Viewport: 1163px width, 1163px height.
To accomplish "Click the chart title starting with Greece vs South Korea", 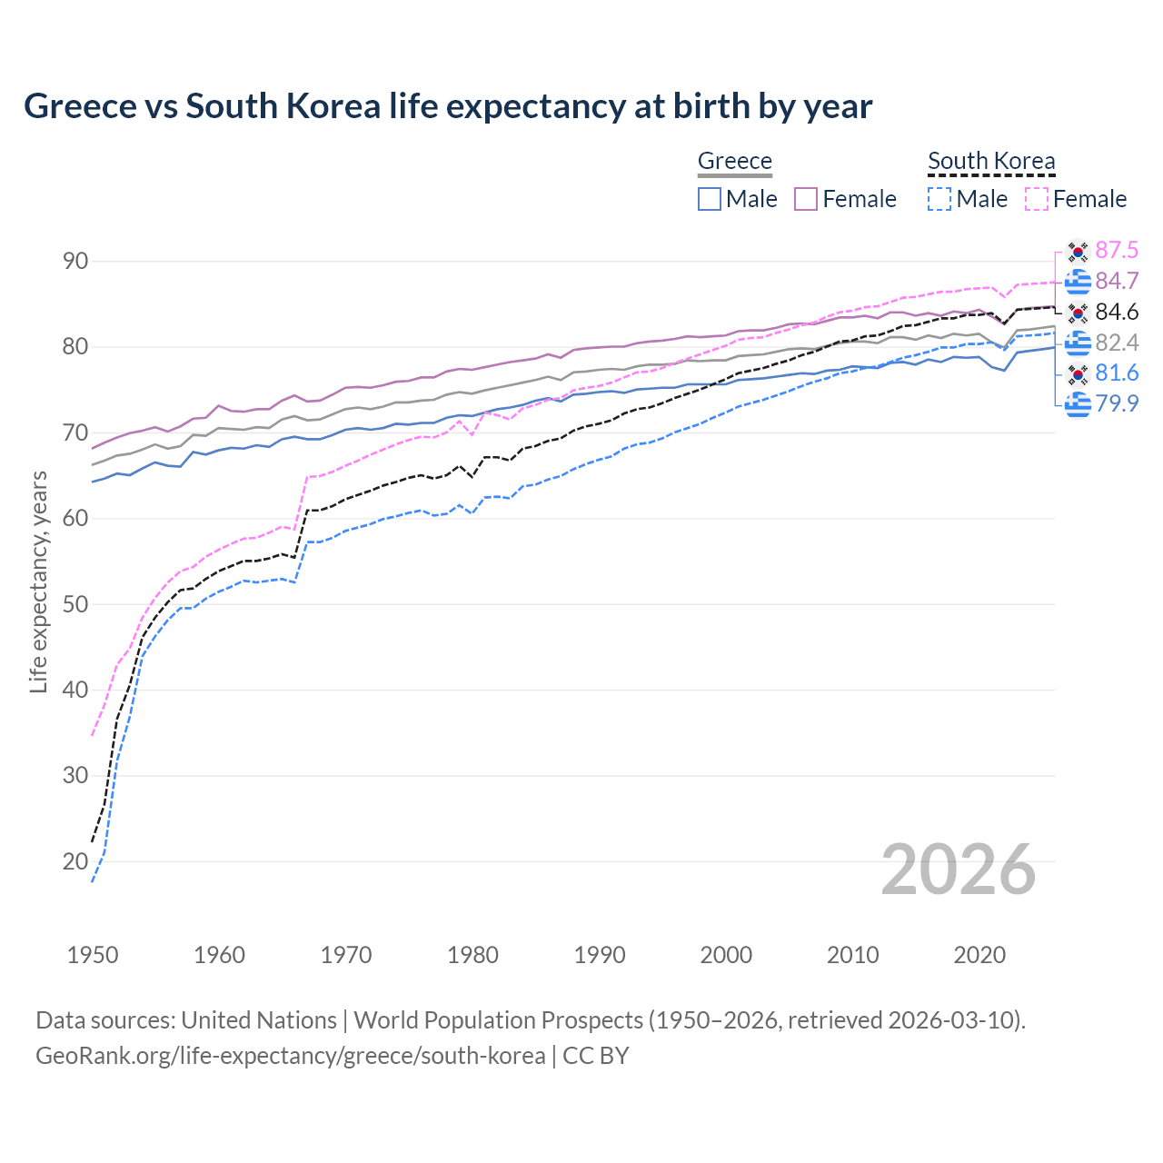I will (448, 106).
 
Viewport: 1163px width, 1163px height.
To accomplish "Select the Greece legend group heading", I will (734, 161).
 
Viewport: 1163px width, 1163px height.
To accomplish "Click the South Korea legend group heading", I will (991, 161).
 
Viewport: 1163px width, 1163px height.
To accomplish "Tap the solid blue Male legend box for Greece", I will (710, 199).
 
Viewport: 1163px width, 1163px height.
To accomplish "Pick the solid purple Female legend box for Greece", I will (806, 199).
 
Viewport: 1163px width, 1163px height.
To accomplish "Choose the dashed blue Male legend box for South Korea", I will (939, 199).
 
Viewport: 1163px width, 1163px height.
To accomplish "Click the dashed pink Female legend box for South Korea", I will (1036, 199).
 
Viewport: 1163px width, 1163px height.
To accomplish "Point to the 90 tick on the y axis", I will (75, 262).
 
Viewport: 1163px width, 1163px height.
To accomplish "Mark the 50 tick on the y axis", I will (75, 604).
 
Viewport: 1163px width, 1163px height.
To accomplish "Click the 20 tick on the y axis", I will (75, 861).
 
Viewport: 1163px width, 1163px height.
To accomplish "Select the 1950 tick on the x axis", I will (93, 955).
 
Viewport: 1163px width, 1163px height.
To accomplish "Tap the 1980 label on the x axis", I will (472, 955).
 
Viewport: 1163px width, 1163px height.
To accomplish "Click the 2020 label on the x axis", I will (979, 955).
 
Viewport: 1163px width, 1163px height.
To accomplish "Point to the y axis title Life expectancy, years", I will (39, 581).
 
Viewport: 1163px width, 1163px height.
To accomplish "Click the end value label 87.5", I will (1117, 251).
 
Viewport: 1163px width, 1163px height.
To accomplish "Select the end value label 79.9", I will (1117, 403).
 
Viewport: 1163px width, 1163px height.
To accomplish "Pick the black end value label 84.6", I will (1117, 313).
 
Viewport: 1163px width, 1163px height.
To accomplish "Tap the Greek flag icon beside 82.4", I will (1078, 343).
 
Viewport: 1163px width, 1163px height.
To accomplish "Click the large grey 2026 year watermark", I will (958, 870).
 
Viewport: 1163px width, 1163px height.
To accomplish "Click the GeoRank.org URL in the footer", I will (290, 1056).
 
